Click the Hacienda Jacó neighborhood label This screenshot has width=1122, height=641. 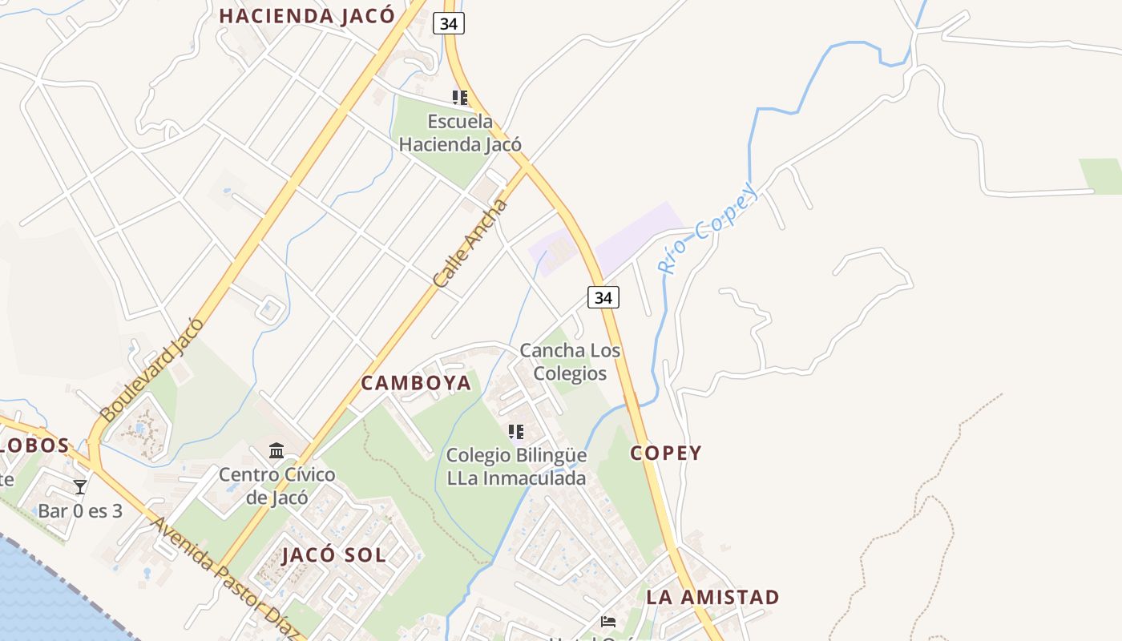tap(307, 16)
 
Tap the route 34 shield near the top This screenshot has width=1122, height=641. tap(449, 23)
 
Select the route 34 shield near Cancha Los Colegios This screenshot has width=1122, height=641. tap(603, 297)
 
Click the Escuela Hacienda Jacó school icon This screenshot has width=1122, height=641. tap(460, 98)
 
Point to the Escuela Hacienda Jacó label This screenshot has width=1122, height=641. tap(460, 133)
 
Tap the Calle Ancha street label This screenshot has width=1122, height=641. tap(470, 244)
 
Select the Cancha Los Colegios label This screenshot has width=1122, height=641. tap(570, 361)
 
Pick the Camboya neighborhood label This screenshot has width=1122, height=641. tap(416, 383)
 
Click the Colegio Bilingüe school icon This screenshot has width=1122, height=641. tap(516, 432)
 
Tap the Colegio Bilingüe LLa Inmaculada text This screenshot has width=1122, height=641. tap(516, 466)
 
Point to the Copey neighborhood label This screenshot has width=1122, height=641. tap(665, 453)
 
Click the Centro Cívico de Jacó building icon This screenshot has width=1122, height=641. tap(276, 451)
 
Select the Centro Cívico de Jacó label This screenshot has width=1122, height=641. tap(277, 486)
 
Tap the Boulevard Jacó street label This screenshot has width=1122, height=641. tap(152, 370)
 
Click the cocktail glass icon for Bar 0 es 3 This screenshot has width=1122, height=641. tap(80, 486)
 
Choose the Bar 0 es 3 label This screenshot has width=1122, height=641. tap(80, 510)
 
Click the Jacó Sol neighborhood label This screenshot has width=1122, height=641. tap(333, 554)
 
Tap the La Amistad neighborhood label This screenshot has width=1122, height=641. tap(712, 597)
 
